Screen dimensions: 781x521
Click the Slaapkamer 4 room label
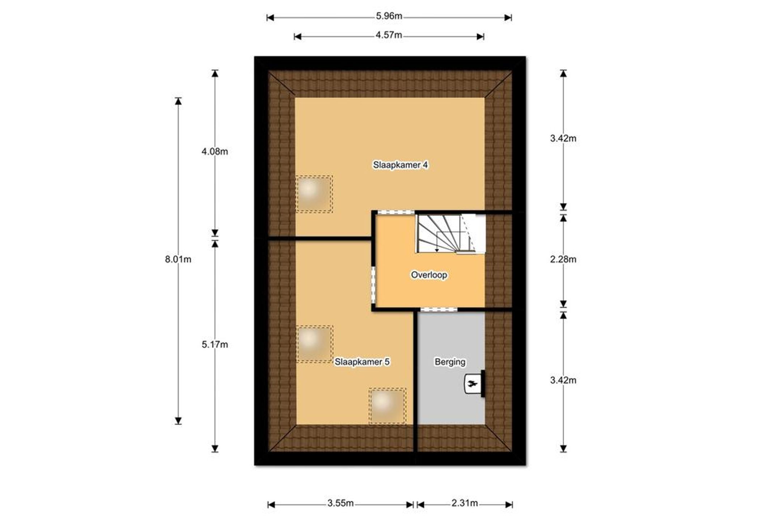click(x=400, y=165)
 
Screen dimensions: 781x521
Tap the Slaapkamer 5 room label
click(x=362, y=362)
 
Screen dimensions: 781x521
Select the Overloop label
click(x=429, y=275)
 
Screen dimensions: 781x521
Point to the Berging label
click(x=450, y=362)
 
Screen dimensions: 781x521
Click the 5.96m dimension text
click(x=389, y=16)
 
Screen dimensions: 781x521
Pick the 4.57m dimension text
click(x=389, y=35)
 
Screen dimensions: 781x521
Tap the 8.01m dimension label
click(x=178, y=259)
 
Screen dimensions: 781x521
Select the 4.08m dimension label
click(x=215, y=152)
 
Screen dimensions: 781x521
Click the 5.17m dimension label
click(x=215, y=345)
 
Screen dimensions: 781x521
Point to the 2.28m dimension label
click(x=563, y=259)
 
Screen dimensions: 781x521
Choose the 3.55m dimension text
click(x=341, y=503)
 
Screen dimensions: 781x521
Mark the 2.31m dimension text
click(x=465, y=503)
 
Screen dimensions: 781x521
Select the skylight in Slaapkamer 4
click(x=314, y=194)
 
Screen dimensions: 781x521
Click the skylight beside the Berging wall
click(x=387, y=406)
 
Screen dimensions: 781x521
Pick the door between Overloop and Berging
click(x=439, y=309)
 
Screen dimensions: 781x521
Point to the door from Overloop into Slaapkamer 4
click(x=396, y=212)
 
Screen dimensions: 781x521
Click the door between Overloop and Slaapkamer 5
click(x=374, y=286)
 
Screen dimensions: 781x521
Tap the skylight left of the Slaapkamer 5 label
click(x=315, y=344)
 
